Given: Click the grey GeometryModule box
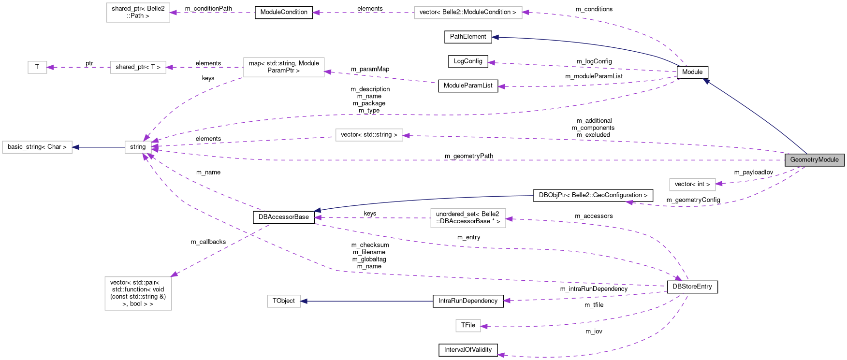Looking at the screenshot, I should click(815, 160).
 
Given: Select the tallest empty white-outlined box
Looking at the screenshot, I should click(138, 293).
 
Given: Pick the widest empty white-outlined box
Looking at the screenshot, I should click(468, 13).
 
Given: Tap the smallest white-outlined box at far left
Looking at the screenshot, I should click(37, 67).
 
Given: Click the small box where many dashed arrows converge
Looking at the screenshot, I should click(138, 147).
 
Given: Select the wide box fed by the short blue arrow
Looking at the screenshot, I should click(37, 147).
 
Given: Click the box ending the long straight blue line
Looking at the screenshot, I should click(284, 301).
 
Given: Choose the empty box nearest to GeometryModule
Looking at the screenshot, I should click(692, 185).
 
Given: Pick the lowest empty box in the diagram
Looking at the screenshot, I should click(468, 326).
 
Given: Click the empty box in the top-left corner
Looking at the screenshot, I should click(138, 13).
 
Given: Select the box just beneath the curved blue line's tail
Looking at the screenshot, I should click(468, 218).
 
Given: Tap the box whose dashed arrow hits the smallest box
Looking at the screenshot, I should click(138, 67).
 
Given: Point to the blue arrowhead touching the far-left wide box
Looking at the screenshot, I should click(76, 147).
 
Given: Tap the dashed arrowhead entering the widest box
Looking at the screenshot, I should click(526, 12).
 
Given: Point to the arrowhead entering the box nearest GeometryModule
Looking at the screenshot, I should click(719, 184).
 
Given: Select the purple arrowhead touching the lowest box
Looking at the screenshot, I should click(484, 327).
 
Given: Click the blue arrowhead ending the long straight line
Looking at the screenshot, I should click(304, 301).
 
